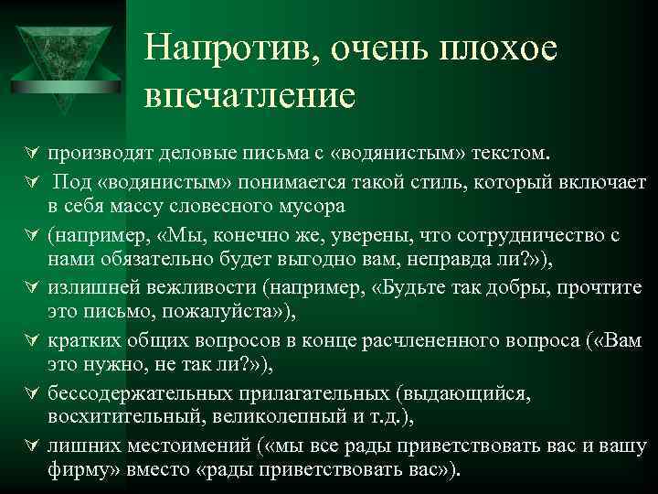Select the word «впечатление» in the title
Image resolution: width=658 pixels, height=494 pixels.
click(x=249, y=96)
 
